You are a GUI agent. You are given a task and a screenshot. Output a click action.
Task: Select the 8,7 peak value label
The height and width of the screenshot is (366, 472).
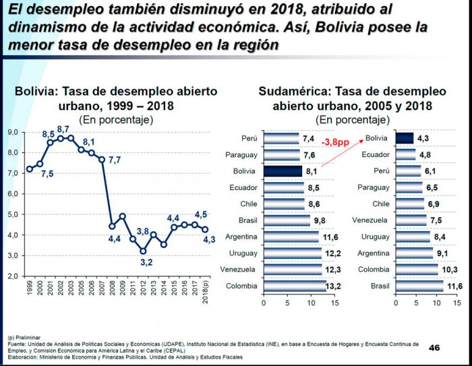pos(63,129)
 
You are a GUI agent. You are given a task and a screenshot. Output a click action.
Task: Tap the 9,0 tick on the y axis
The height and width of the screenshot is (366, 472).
pos(12,132)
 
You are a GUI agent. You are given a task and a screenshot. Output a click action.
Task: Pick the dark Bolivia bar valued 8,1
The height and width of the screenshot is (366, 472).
pos(283,171)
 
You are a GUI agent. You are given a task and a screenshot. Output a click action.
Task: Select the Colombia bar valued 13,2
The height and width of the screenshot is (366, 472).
pos(295,286)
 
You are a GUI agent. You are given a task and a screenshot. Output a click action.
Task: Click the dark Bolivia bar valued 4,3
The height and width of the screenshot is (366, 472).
pos(405,138)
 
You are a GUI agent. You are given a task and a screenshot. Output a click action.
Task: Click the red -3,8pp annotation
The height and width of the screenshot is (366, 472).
pos(336,143)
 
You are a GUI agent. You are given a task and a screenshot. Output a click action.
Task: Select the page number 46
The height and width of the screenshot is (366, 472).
pos(434,348)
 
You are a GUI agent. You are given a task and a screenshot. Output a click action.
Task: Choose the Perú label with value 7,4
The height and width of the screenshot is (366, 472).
pos(249,138)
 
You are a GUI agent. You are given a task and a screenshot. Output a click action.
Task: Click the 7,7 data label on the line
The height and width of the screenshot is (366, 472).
pos(114,160)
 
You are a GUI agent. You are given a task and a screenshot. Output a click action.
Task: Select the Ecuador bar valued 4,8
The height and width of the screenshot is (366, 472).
pos(406,154)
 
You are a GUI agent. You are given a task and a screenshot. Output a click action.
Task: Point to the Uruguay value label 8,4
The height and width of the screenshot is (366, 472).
pos(440,237)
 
